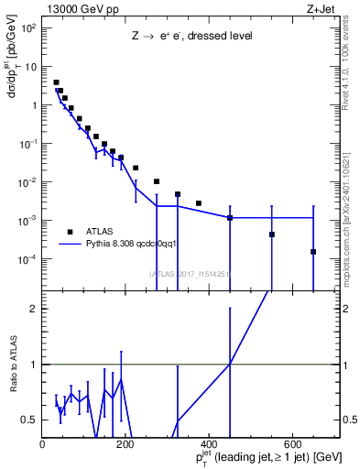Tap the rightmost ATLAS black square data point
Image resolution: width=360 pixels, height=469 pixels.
click(313, 251)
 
